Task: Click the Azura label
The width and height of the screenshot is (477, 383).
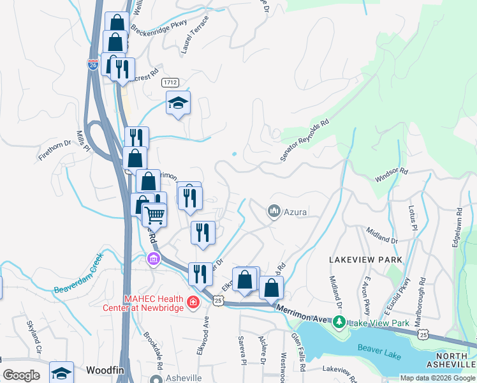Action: [x=296, y=211]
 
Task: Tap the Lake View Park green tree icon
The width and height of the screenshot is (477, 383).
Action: [x=341, y=322]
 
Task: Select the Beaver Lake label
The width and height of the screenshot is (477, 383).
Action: [x=378, y=349]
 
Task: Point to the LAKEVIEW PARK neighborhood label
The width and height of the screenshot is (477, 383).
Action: [x=365, y=260]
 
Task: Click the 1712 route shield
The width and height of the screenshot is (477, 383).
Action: [x=170, y=82]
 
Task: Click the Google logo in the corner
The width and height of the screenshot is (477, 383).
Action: [x=21, y=375]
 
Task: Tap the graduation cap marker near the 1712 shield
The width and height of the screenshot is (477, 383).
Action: [x=178, y=102]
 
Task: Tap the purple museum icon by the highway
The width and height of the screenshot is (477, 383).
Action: [x=153, y=259]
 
